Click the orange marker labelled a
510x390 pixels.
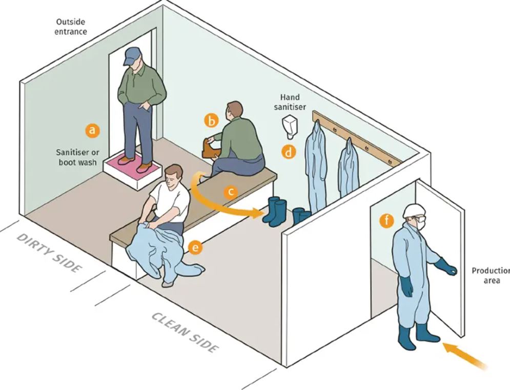92,130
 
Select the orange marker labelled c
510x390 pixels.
231,192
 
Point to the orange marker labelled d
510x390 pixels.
290,152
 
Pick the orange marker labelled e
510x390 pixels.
195,248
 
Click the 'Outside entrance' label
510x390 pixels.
71,27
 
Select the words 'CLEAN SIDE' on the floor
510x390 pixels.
185,332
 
